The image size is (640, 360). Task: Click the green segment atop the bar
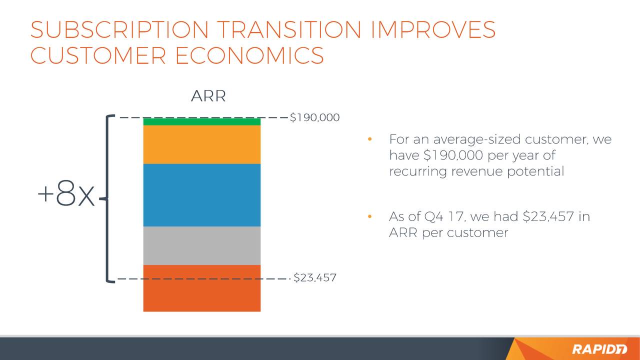pyautogui.click(x=201, y=121)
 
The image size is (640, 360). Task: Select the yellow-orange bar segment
pyautogui.click(x=201, y=144)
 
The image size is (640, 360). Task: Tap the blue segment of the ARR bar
pyautogui.click(x=201, y=195)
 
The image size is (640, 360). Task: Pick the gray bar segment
pyautogui.click(x=201, y=245)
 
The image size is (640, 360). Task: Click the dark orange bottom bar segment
pyautogui.click(x=201, y=288)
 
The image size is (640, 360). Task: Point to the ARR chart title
pyautogui.click(x=208, y=96)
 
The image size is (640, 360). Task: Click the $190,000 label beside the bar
pyautogui.click(x=314, y=117)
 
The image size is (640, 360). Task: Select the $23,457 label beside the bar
pyautogui.click(x=315, y=277)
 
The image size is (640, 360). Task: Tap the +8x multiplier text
pyautogui.click(x=66, y=193)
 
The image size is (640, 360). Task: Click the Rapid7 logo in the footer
pyautogui.click(x=599, y=349)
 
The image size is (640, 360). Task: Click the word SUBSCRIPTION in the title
pyautogui.click(x=119, y=29)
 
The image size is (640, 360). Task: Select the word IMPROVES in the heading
pyautogui.click(x=433, y=29)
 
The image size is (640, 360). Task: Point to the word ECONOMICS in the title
pyautogui.click(x=249, y=55)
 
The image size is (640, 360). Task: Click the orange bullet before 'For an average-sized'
pyautogui.click(x=369, y=139)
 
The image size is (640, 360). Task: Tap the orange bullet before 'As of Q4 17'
pyautogui.click(x=369, y=216)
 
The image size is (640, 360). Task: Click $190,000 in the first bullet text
pyautogui.click(x=453, y=155)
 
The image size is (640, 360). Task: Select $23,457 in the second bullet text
pyautogui.click(x=548, y=216)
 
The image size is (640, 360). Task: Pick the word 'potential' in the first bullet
pyautogui.click(x=535, y=171)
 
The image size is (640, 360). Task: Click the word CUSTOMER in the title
pyautogui.click(x=98, y=55)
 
